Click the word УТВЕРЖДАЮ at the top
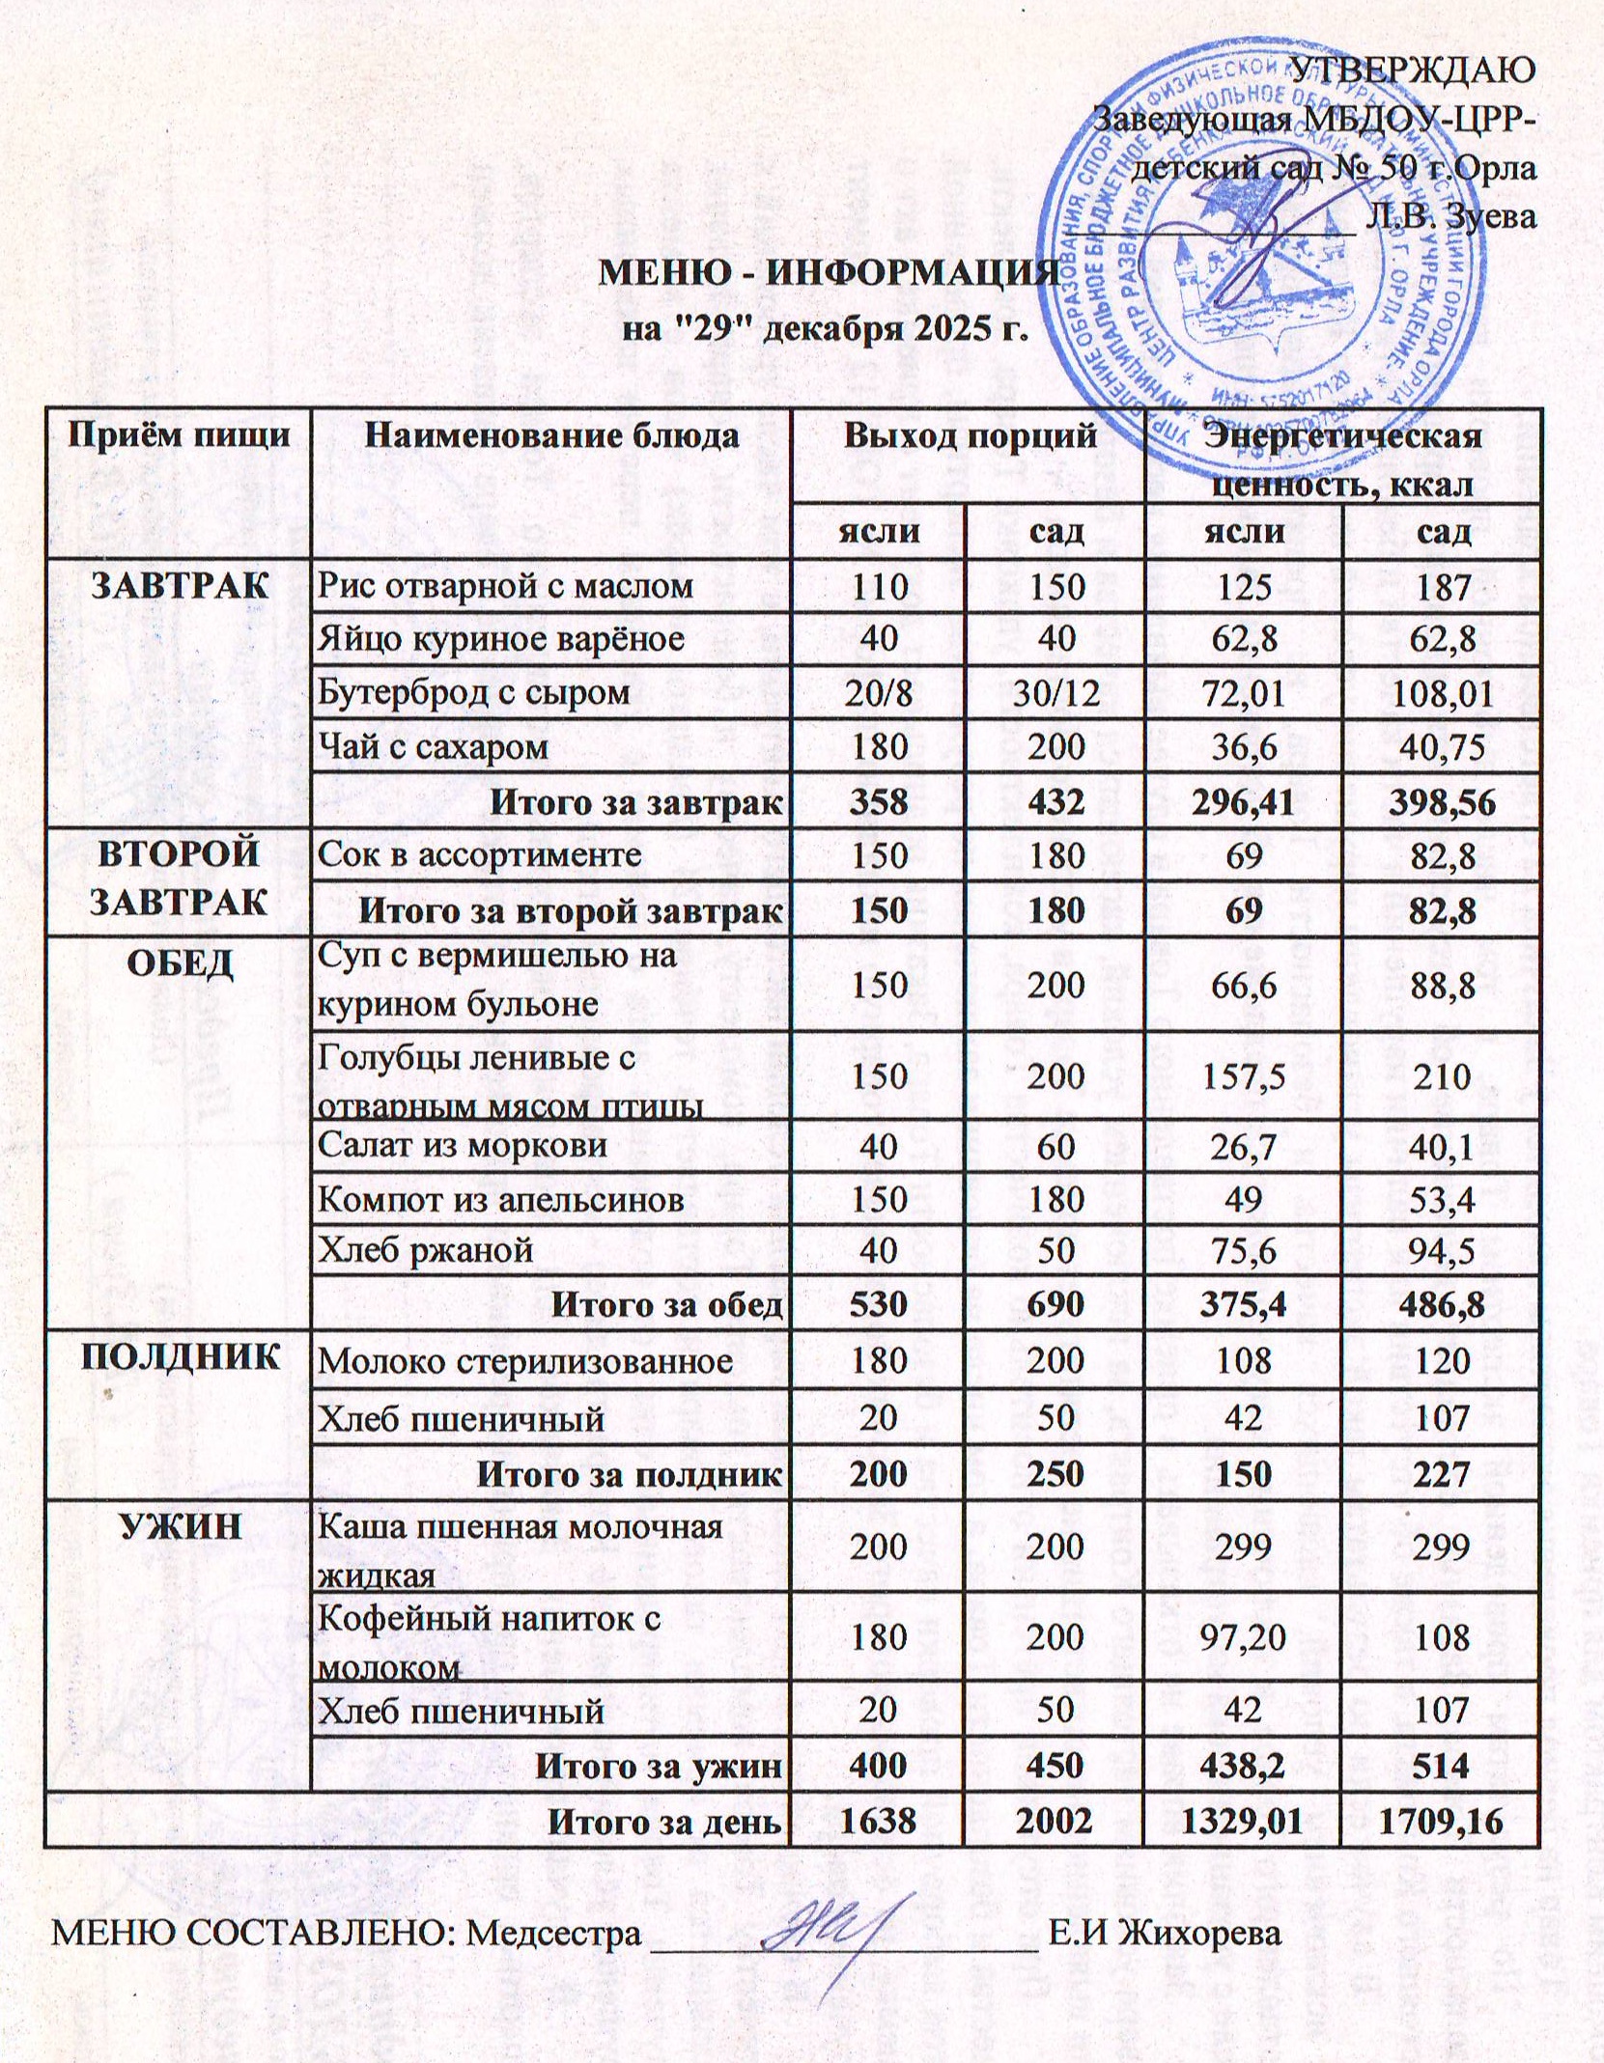1413,70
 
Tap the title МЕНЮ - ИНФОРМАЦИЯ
830,274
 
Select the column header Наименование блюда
550,435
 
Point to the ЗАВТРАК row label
180,586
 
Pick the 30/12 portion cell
1055,693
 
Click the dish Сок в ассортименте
479,854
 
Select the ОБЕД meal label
180,963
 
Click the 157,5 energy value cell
1243,1076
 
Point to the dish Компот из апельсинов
500,1200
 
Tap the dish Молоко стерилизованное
525,1362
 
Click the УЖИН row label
180,1527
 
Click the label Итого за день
664,1822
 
